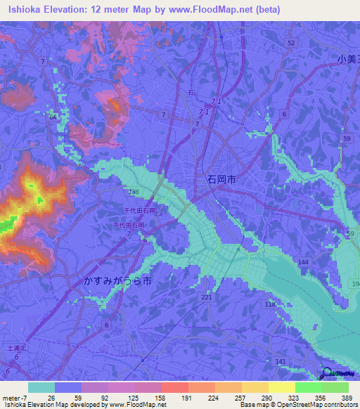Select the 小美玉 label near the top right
(347, 60)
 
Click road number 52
(290, 43)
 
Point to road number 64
(53, 117)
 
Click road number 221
(206, 298)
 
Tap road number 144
(303, 261)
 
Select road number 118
(269, 304)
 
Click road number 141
(281, 361)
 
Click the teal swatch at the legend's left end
(41, 387)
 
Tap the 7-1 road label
(204, 112)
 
